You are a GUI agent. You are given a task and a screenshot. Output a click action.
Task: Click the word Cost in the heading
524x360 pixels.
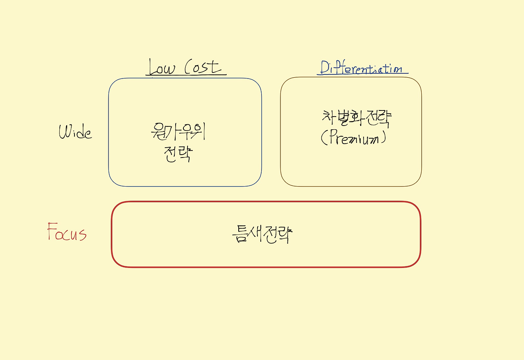pos(203,67)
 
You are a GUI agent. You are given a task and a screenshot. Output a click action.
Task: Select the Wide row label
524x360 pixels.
pos(75,132)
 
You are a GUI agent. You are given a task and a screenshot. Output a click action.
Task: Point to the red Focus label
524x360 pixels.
pos(67,232)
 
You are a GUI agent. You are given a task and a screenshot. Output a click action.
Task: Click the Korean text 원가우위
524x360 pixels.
pos(177,132)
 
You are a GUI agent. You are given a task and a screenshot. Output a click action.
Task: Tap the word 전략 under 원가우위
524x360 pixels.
pos(177,154)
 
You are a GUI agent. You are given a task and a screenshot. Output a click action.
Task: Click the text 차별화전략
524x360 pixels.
pos(357,118)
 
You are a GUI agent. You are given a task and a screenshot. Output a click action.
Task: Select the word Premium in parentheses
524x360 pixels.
pos(355,138)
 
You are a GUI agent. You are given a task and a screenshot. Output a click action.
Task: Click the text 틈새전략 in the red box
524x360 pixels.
pos(262,234)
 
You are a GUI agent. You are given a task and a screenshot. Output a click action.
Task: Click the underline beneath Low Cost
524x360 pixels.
pos(186,75)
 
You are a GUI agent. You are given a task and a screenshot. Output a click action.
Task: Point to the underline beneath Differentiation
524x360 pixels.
pos(363,74)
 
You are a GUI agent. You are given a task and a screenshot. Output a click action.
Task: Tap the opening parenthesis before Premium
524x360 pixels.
pos(323,138)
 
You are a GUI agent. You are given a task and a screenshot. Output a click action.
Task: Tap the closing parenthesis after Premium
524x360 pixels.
pos(383,138)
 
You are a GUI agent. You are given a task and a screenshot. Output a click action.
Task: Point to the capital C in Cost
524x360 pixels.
pos(189,67)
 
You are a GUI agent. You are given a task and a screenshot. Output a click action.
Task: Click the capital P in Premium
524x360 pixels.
pos(332,138)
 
